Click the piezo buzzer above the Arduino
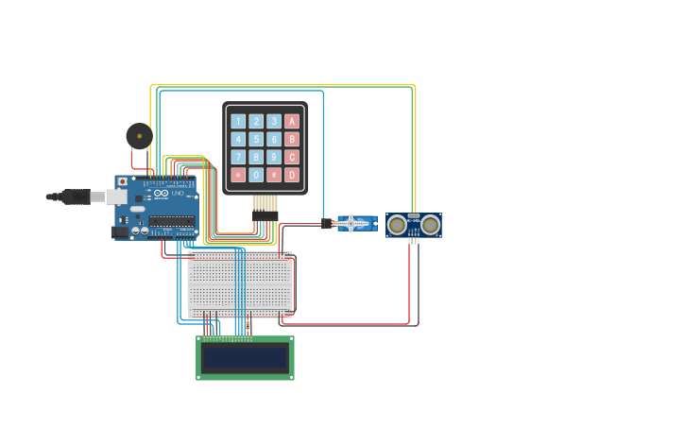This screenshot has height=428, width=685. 139,136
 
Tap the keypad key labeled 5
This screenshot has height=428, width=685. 256,139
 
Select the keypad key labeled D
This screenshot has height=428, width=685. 292,175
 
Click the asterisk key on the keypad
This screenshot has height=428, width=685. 238,175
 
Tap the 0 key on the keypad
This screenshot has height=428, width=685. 256,175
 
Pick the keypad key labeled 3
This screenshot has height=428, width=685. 274,121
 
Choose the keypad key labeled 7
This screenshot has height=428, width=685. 238,157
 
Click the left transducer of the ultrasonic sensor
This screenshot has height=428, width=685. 398,225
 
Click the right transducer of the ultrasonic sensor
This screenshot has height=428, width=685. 430,225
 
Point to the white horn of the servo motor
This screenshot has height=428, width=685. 351,224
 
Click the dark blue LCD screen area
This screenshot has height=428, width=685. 245,358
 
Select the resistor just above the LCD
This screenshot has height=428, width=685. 248,326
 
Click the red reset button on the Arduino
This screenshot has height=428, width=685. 122,181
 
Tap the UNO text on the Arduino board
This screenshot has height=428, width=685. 177,193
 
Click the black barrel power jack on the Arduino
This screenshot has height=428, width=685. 119,231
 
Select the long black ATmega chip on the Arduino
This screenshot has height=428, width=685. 171,221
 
